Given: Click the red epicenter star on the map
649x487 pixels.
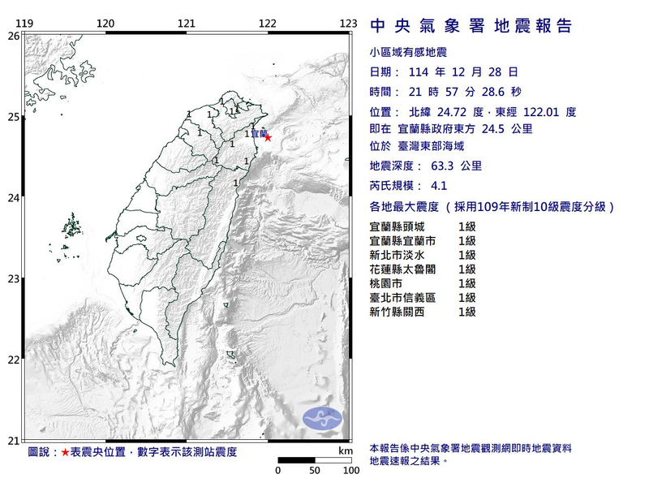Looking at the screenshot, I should point(268,137).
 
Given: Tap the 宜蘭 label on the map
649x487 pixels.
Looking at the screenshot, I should point(257,133).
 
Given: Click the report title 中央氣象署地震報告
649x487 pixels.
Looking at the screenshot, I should point(471,26).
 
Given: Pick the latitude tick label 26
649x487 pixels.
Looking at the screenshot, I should point(13,36).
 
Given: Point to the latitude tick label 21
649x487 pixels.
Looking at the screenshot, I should point(13,441).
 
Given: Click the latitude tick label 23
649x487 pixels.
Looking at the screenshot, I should point(13,279).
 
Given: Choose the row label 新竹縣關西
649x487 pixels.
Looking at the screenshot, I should point(397,311).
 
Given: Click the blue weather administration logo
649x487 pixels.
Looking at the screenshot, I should point(323,419).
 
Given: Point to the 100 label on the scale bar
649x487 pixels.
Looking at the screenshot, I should point(350,470).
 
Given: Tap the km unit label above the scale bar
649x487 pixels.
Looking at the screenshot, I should point(346,450).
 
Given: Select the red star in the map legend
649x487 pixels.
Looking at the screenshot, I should point(65,451).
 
